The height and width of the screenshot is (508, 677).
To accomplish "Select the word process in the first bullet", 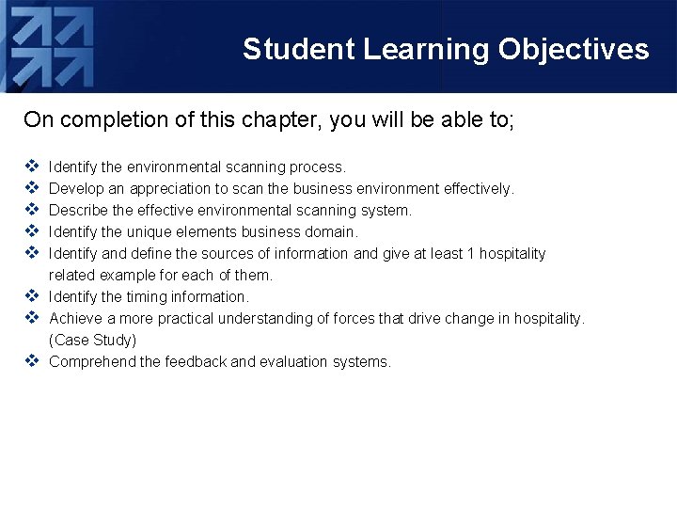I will point(318,167).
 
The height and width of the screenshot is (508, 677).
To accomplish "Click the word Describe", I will point(77,211).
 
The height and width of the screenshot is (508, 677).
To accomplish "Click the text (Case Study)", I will point(92,341).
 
